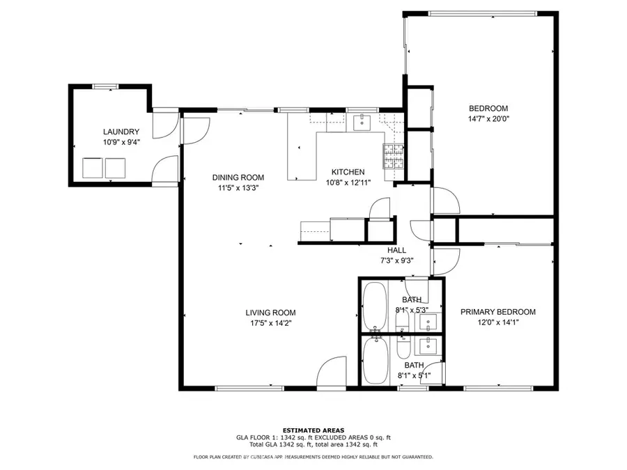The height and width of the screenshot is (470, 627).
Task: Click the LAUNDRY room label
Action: coord(121,132)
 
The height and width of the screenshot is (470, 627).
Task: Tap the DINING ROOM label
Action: coord(238,178)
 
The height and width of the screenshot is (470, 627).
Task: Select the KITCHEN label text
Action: coord(348,172)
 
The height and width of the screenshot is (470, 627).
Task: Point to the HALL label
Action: coord(396,250)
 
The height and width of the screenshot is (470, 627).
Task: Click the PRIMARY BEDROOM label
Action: coord(497,312)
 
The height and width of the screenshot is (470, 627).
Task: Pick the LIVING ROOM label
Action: coord(270,313)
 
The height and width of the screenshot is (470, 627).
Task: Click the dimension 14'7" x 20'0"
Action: coord(488,118)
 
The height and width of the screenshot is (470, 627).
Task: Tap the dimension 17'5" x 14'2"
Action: coord(270,322)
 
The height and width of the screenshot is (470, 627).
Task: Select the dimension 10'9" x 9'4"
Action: coord(121,142)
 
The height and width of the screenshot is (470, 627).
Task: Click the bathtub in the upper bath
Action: coord(374,306)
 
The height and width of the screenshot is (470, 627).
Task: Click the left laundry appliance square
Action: coord(92,168)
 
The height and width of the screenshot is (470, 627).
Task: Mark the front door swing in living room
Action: coord(330,376)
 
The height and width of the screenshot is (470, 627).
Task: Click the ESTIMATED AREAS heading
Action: coord(313,430)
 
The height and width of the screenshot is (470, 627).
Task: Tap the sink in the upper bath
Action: coord(429,322)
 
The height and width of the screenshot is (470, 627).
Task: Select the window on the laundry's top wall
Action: coord(104,86)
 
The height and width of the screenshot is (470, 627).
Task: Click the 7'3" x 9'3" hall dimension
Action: coord(396,260)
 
